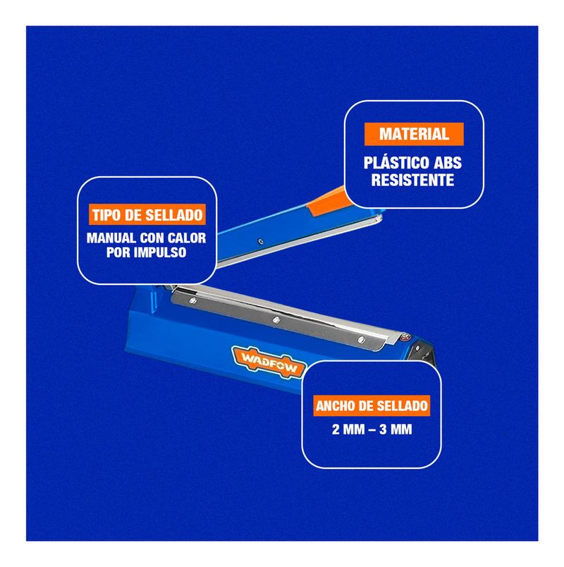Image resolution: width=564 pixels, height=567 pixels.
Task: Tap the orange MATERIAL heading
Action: click(414, 134)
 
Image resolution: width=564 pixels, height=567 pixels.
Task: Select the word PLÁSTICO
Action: click(388, 162)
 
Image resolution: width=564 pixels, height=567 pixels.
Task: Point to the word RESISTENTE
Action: click(412, 180)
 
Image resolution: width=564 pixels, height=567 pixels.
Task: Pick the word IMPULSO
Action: click(160, 252)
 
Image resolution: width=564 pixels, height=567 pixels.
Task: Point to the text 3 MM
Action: click(396, 429)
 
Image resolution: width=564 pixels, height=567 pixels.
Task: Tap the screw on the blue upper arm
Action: click(260, 242)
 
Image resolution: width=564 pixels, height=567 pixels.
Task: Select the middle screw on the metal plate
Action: click(276, 319)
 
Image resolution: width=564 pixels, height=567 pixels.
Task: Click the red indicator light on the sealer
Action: click(405, 338)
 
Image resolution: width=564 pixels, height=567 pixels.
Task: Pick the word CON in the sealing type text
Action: click(152, 238)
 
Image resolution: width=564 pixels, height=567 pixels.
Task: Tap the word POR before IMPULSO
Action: click(118, 252)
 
